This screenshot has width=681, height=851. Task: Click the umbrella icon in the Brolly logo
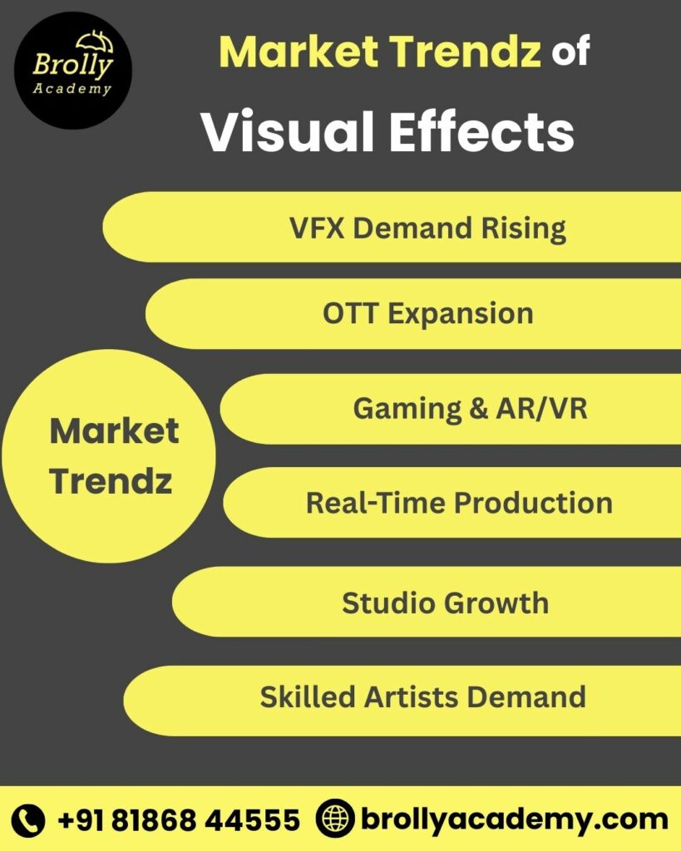[x=94, y=42]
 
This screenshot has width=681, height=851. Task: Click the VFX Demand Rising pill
[x=427, y=228]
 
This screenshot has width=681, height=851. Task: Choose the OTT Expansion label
[x=427, y=313]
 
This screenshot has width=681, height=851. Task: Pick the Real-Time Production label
[x=459, y=502]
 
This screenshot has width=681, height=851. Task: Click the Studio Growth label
[x=445, y=603]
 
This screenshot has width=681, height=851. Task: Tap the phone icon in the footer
[x=29, y=820]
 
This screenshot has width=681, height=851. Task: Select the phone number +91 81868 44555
[x=178, y=820]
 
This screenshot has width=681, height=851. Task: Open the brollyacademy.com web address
[x=514, y=819]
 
